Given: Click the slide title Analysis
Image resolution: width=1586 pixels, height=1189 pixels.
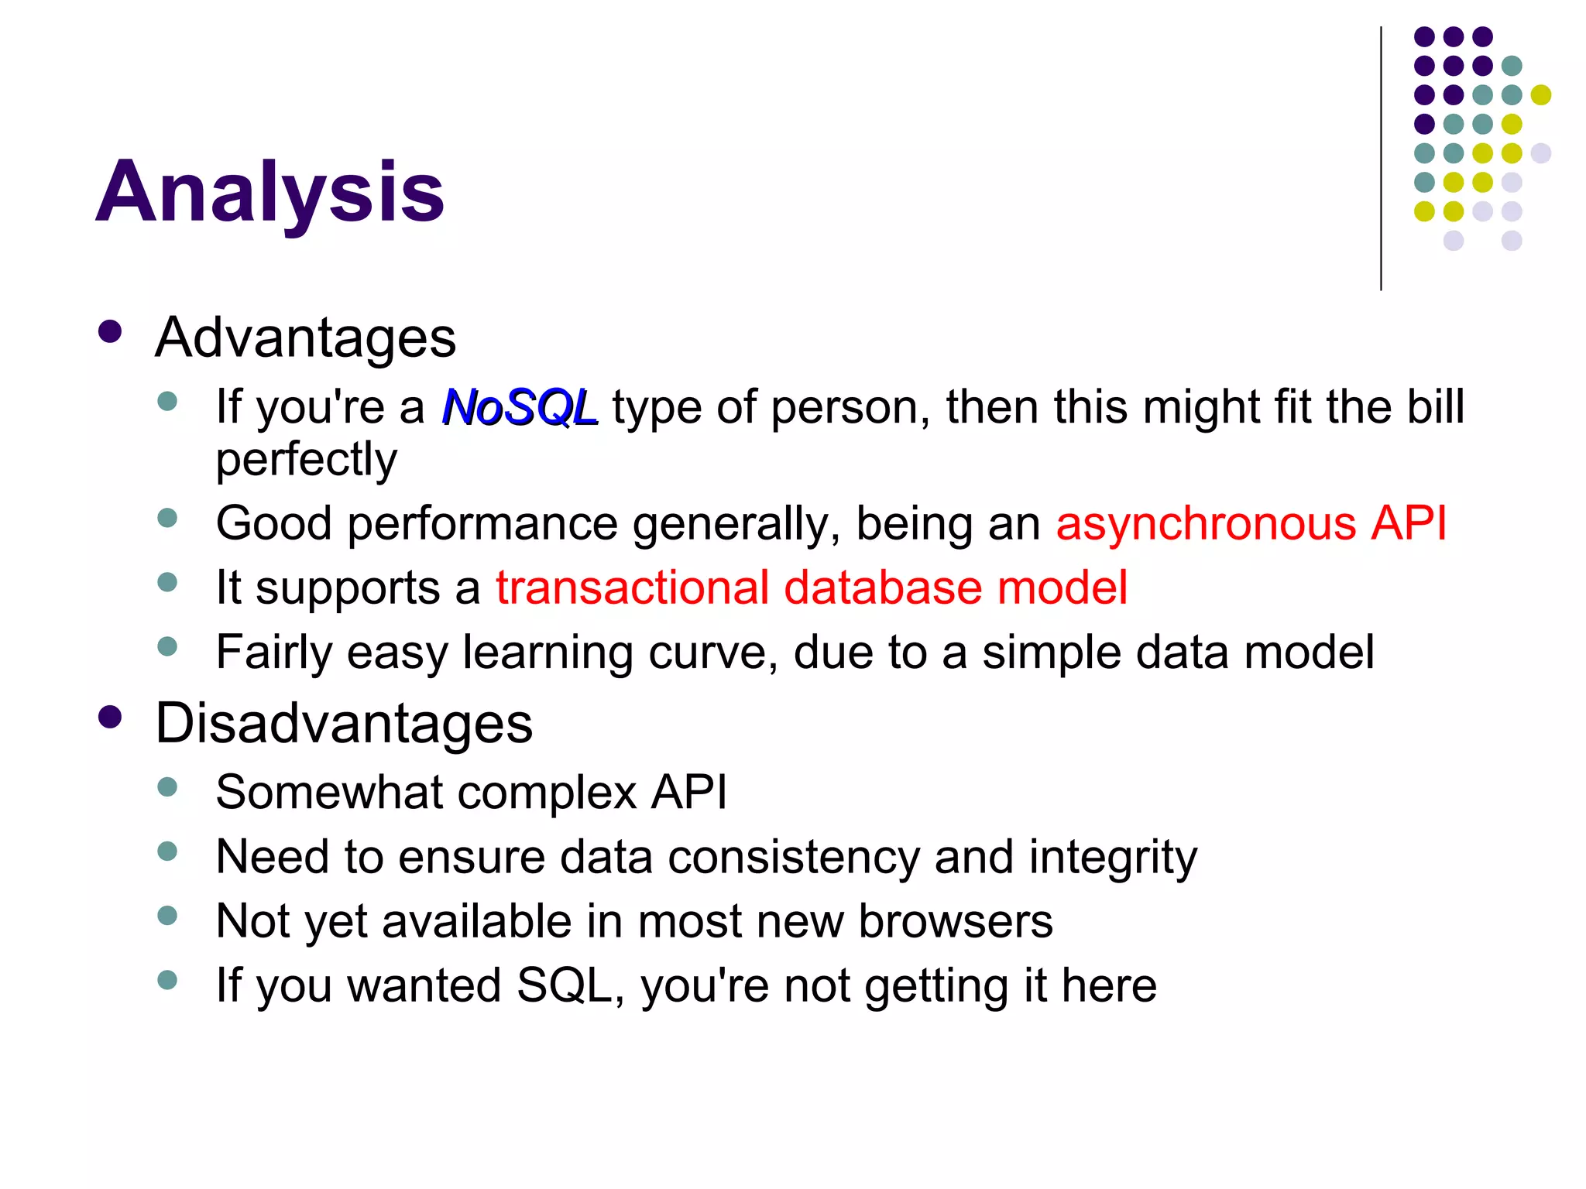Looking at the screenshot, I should [x=269, y=191].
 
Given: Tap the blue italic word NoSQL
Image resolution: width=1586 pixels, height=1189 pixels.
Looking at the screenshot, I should [x=519, y=407].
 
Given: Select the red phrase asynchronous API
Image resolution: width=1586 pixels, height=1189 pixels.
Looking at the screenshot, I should [x=1251, y=523].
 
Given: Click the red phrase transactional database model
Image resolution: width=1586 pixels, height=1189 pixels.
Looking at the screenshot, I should [x=811, y=588].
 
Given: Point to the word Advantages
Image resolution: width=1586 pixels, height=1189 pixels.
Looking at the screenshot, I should [x=306, y=338].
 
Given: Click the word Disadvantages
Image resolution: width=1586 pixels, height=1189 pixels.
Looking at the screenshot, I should [x=344, y=724].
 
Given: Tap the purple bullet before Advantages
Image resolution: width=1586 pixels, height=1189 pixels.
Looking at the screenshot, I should [x=111, y=333].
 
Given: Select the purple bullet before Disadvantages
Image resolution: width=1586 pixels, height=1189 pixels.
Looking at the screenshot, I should [x=111, y=718].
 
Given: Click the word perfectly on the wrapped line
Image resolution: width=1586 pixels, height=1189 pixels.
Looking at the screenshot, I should [x=306, y=460].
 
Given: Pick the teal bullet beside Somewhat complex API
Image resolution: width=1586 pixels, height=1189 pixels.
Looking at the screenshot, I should [x=167, y=788].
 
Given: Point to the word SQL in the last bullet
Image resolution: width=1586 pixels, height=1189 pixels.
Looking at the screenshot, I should [x=565, y=985].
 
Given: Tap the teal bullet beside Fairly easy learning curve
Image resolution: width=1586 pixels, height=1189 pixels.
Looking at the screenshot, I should [x=167, y=646].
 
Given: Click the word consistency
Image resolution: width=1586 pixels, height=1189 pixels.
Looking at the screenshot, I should [x=794, y=858].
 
